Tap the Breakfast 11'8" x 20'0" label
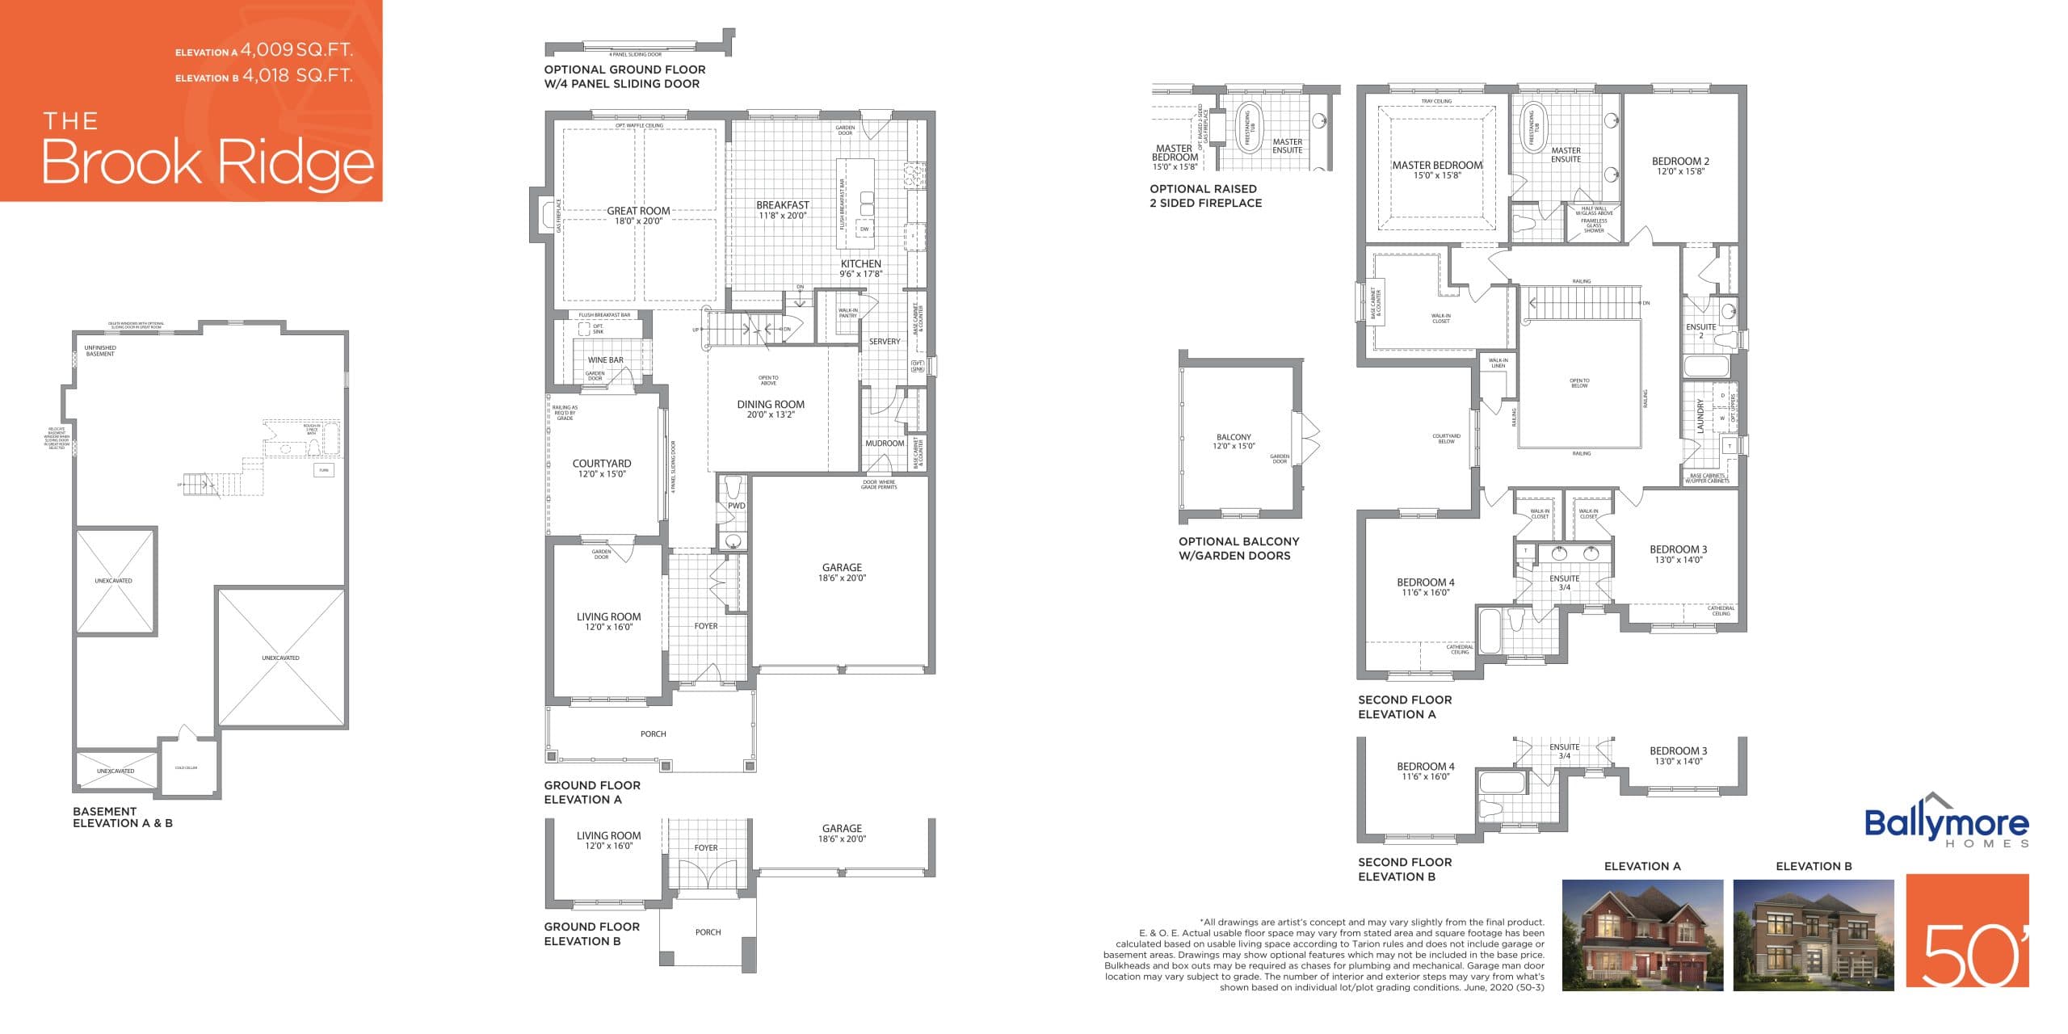point(782,210)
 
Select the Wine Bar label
point(605,360)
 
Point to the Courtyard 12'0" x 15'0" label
point(602,469)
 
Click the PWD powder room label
point(736,506)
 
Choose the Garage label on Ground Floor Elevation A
point(842,572)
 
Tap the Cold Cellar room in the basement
point(187,767)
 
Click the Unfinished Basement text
point(100,351)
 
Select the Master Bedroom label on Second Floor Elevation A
point(1437,170)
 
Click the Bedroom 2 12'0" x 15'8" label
point(1680,166)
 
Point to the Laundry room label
point(1700,416)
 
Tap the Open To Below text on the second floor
point(1579,383)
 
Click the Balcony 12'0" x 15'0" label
point(1234,441)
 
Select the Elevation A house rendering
point(1641,935)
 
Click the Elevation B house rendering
point(1813,935)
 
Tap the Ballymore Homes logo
point(1946,822)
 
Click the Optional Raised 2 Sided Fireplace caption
point(1205,195)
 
